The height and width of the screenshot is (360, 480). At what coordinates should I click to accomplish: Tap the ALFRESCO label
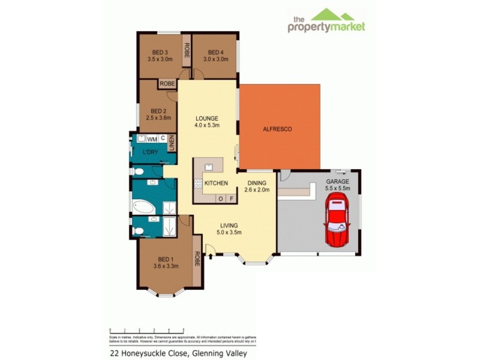click(x=277, y=129)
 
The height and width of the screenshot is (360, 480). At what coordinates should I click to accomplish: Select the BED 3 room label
click(x=160, y=52)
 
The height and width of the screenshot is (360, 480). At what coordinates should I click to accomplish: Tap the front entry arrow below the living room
click(x=211, y=257)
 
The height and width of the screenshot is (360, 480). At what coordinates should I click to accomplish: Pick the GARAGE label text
click(x=337, y=181)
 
